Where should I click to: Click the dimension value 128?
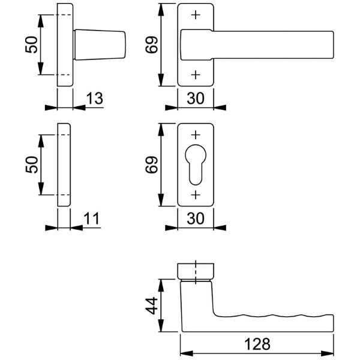[257, 344]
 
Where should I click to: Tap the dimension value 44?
[152, 305]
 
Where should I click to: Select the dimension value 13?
[95, 98]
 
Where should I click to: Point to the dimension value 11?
[92, 218]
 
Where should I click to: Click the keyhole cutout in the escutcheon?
[196, 164]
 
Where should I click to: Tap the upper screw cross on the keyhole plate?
[196, 135]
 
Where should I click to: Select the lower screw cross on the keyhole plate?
[196, 195]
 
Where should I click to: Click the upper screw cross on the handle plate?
[196, 15]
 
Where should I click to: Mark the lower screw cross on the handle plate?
[196, 75]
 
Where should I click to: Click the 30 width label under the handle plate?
[196, 98]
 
